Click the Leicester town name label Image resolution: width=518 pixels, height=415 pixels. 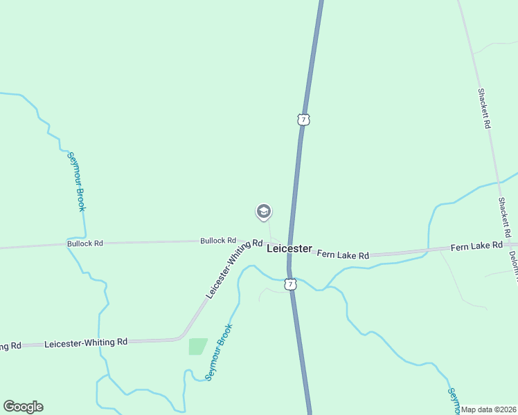289,249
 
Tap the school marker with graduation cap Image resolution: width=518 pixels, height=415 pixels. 263,212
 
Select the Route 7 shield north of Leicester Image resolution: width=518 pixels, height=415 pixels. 303,120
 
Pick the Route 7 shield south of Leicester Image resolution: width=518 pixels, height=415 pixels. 291,284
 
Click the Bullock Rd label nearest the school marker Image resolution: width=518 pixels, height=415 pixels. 218,241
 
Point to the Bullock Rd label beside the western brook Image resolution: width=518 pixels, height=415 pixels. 85,243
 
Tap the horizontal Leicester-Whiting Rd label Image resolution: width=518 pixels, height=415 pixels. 86,342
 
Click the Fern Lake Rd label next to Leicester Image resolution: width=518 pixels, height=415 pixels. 343,255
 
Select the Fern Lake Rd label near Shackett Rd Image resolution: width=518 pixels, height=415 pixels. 476,246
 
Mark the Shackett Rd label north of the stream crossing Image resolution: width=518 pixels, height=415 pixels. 484,109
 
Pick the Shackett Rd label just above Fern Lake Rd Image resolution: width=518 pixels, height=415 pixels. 504,216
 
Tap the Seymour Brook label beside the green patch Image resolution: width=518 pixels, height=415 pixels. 219,352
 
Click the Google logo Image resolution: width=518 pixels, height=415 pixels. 23,407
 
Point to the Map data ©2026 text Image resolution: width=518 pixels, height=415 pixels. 489,409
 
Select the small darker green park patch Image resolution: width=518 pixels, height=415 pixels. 198,347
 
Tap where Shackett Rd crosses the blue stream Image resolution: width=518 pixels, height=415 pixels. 499,182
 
